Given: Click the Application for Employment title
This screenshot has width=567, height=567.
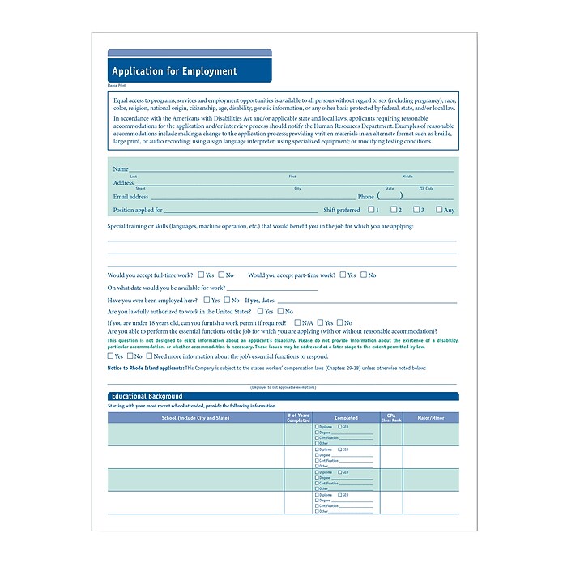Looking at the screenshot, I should click(174, 71).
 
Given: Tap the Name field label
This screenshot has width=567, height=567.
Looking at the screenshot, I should click(121, 169).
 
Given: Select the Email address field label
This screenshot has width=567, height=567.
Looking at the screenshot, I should click(131, 197).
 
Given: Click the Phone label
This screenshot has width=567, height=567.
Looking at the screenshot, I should click(366, 197).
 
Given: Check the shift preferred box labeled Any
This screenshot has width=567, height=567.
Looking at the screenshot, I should click(439, 210).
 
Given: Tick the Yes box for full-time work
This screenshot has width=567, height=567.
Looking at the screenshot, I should click(199, 275).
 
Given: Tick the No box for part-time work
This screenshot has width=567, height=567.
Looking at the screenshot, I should click(364, 275).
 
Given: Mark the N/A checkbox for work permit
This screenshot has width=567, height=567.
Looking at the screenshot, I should click(297, 322).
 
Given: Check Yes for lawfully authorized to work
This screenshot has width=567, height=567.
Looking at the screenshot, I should click(260, 310).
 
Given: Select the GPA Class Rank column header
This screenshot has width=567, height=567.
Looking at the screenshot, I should click(391, 418).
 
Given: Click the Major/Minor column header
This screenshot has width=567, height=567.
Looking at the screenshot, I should click(430, 418).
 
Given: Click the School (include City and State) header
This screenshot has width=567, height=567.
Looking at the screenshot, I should click(195, 418).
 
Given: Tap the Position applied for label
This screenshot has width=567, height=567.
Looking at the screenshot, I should click(138, 210).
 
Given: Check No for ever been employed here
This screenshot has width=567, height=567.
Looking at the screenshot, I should click(227, 300).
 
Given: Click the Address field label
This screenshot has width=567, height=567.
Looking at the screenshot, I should click(123, 183).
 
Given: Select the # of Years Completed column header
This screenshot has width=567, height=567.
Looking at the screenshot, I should click(298, 418).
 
